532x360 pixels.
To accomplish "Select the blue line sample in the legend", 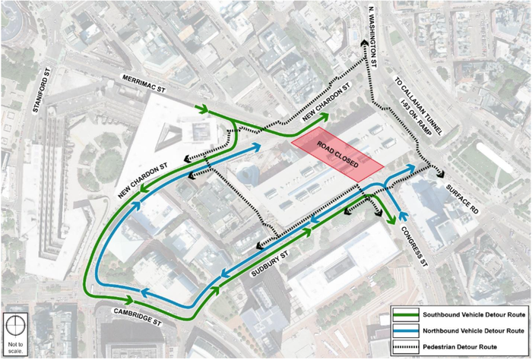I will (407, 331).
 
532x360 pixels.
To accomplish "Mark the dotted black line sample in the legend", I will (407, 348).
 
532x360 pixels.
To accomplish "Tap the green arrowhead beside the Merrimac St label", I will (203, 109).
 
